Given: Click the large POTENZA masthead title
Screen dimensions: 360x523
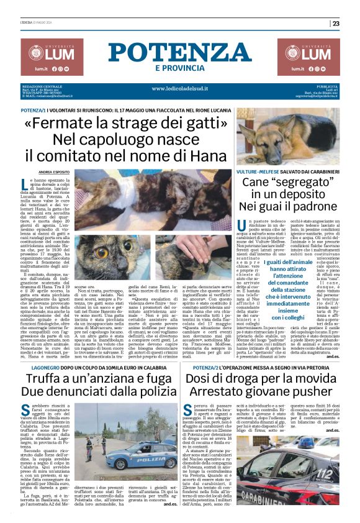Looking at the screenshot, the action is [x=180, y=52].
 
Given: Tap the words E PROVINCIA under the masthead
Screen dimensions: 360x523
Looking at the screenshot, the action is [x=180, y=68].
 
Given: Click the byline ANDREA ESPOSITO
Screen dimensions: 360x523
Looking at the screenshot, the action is [x=53, y=171].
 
